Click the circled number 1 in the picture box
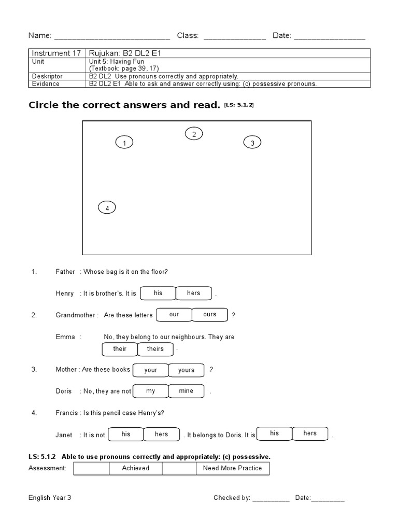[x=124, y=143]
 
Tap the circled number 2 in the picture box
[x=194, y=134]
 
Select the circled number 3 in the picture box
[x=252, y=143]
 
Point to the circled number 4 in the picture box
[x=107, y=208]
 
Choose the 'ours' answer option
[x=210, y=315]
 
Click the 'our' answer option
[x=174, y=315]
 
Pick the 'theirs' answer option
[x=155, y=349]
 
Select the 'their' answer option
[x=120, y=349]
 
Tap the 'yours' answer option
[x=186, y=370]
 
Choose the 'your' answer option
[x=151, y=370]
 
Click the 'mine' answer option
[x=186, y=391]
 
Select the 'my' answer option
[x=151, y=391]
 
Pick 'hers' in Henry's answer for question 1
[x=194, y=294]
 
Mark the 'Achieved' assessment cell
[x=135, y=468]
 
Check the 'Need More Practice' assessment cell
[x=232, y=468]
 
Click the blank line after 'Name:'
[x=112, y=37]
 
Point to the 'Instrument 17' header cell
[x=57, y=53]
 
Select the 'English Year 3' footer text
[x=50, y=498]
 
